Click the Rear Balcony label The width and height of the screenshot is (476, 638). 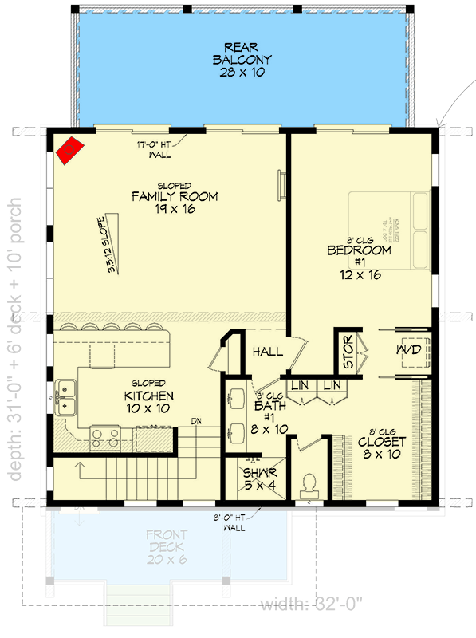point(242,60)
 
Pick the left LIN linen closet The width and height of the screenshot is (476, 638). point(299,385)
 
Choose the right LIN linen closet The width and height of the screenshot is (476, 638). point(332,385)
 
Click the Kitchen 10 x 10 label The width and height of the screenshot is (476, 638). point(149,402)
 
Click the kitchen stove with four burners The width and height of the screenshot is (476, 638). point(105,437)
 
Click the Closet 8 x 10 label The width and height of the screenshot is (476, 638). point(381,447)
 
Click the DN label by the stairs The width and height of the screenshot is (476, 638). point(195,423)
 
